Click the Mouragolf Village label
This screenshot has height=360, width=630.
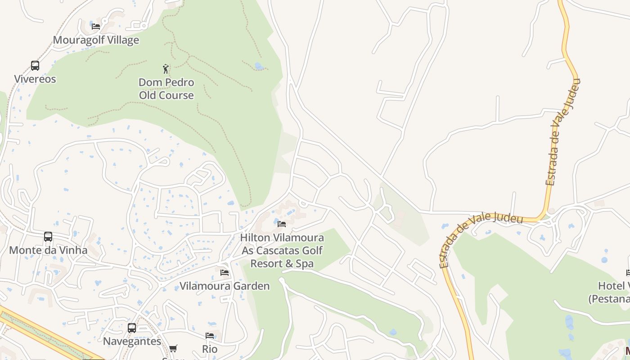click(96, 40)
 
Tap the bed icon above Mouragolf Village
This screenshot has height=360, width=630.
click(96, 26)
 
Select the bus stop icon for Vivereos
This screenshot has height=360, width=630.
click(35, 66)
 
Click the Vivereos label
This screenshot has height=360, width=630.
click(35, 79)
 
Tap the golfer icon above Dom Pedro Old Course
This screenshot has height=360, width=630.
click(166, 69)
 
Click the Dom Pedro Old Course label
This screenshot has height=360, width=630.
click(166, 89)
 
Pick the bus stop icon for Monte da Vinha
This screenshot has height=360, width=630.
click(48, 237)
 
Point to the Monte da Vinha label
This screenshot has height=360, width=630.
click(48, 250)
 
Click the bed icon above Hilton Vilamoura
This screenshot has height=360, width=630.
click(282, 224)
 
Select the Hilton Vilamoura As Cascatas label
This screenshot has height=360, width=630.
click(282, 250)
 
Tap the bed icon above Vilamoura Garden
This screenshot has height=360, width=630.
click(225, 273)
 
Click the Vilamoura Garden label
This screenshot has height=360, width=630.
click(225, 286)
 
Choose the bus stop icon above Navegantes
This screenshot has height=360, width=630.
click(132, 328)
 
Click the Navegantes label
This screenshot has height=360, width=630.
click(132, 341)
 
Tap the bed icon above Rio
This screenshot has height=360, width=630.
click(210, 336)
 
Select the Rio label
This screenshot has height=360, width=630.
click(210, 349)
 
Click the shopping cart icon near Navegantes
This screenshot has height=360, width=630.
click(173, 348)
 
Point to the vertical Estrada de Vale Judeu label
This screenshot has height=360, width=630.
click(563, 133)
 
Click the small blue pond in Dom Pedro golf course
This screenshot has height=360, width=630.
click(259, 66)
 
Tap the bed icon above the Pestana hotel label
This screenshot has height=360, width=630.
click(628, 273)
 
